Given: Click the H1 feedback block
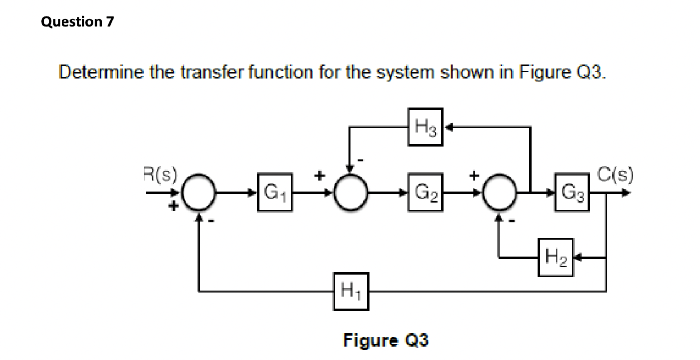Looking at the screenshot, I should pyautogui.click(x=351, y=292).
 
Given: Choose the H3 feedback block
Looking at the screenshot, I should pyautogui.click(x=426, y=127).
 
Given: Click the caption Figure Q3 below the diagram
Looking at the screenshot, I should pyautogui.click(x=386, y=340).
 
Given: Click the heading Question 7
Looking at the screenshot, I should pyautogui.click(x=78, y=22).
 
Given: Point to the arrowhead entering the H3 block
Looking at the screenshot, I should pyautogui.click(x=448, y=127).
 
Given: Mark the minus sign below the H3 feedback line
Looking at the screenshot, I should pyautogui.click(x=361, y=160).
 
